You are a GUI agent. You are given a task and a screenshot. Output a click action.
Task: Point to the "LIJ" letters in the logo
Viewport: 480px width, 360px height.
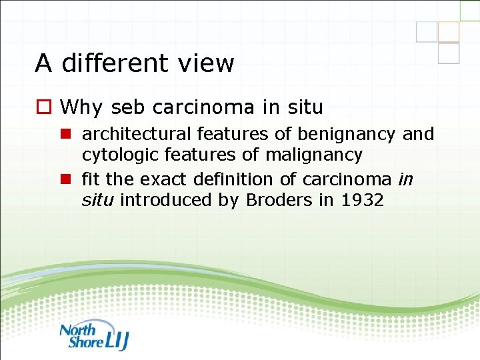(117, 340)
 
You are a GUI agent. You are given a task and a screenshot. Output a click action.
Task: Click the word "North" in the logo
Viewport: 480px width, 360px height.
(78, 329)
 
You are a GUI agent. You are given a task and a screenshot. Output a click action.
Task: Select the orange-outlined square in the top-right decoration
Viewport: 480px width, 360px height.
(449, 31)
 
